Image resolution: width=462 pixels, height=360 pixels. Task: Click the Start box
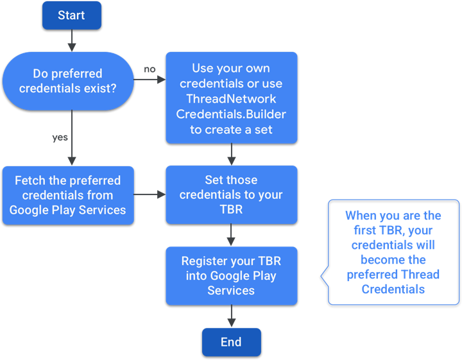coord(71,15)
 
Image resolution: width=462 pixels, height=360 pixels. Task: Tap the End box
coord(231,342)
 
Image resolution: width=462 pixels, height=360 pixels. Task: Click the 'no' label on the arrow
coord(150,69)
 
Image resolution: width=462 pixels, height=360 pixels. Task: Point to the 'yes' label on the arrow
coord(60,137)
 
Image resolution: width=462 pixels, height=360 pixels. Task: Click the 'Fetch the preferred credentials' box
coord(68,195)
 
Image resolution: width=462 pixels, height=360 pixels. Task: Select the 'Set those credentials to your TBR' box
coord(231,194)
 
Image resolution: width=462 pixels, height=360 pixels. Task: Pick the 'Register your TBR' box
coord(231,275)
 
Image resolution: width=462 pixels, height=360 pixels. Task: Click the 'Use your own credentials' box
coord(231,98)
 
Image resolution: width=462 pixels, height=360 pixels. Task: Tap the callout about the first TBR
coord(393,252)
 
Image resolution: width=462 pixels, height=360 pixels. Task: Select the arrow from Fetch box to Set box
coord(150,194)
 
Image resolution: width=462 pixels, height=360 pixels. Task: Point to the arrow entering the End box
coord(231,316)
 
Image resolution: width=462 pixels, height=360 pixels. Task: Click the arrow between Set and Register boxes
coord(231,235)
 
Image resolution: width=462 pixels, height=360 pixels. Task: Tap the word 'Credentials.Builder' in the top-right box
coord(231,114)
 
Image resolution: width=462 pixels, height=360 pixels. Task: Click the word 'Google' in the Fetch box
coord(31,210)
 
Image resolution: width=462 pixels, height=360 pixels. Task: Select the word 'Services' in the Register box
coord(231,290)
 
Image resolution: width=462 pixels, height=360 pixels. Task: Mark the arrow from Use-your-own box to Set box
coord(231,154)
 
